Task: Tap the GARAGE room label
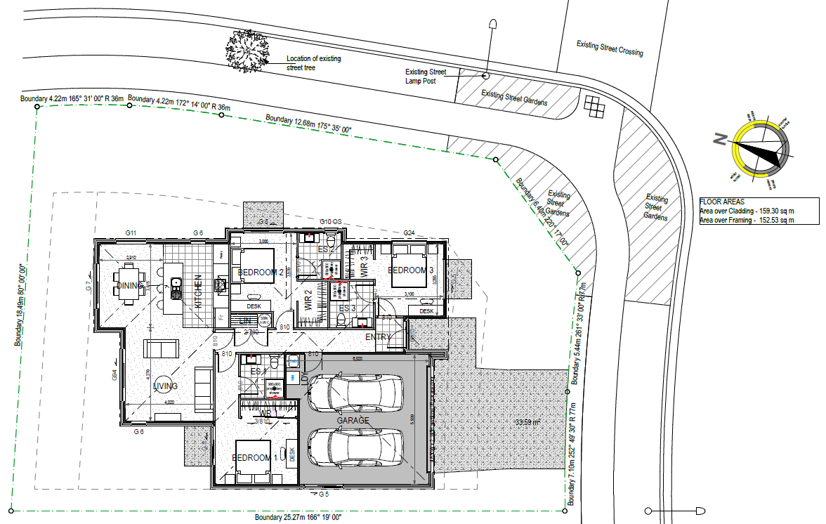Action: pos(353,421)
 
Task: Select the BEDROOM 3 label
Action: pos(407,270)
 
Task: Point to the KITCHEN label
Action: pos(199,292)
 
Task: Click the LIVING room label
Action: pos(166,386)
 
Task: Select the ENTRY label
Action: pos(377,338)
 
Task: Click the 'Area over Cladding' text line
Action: pos(747,210)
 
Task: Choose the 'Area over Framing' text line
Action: pos(747,220)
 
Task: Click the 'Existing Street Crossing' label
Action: pos(609,48)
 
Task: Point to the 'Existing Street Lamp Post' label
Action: pos(426,76)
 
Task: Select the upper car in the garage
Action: pos(355,393)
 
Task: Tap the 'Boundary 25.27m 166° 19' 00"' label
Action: pos(299,518)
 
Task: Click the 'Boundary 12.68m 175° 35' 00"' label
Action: pos(308,124)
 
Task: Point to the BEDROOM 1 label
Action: pos(255,458)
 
